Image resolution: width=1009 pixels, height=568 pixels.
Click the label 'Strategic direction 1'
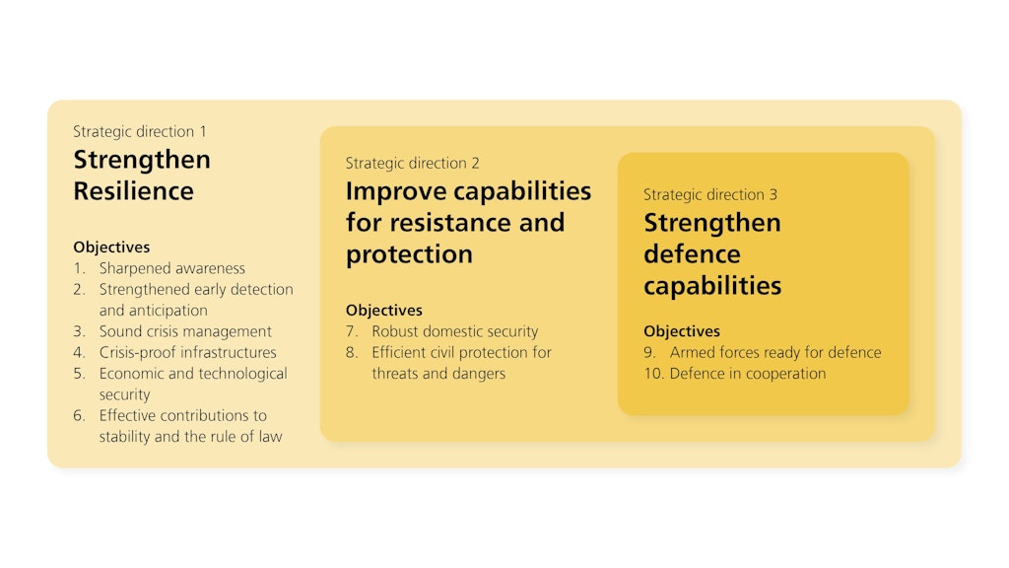140,131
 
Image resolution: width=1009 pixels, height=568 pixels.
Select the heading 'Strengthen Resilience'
142,176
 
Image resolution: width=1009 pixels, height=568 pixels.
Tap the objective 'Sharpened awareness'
171,268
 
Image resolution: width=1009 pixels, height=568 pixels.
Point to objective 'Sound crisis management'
185,331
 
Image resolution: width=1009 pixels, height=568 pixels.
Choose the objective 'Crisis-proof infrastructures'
187,352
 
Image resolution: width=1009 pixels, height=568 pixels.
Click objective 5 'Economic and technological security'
192,384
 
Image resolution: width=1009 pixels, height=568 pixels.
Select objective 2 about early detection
195,300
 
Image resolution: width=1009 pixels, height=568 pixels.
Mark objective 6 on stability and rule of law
190,426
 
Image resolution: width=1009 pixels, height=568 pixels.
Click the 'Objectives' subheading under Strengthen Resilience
111,248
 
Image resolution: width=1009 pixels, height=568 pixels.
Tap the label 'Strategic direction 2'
412,163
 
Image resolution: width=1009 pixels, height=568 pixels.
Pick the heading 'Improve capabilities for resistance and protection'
468,222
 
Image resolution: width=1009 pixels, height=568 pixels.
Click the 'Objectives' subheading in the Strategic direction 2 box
383,311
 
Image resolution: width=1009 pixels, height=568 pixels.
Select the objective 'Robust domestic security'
454,331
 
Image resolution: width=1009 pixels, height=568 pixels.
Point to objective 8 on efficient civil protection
461,363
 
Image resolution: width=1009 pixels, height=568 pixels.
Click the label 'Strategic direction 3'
710,194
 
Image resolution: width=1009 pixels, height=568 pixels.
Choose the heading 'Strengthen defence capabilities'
712,254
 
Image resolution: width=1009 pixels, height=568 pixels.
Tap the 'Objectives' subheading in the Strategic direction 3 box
682,331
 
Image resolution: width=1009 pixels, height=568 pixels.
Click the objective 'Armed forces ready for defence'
775,352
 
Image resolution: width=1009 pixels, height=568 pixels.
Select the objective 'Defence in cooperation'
747,373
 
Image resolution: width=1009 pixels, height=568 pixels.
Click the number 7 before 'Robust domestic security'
351,331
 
